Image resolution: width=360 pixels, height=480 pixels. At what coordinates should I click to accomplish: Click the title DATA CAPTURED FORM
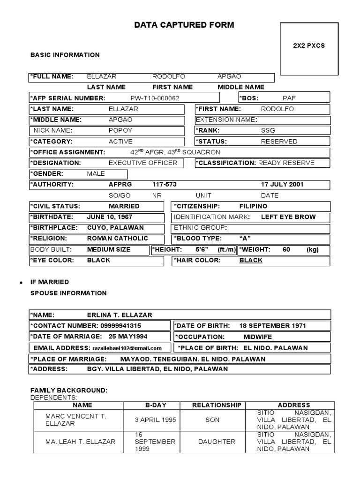coord(184,25)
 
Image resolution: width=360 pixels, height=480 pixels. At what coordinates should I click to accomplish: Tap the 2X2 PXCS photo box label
coord(309,46)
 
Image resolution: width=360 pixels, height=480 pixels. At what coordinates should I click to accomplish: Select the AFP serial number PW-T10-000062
coord(155,98)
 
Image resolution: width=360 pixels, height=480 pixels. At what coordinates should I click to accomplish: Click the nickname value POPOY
coord(120,130)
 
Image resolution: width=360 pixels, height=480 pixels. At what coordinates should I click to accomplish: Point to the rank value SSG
coord(268,130)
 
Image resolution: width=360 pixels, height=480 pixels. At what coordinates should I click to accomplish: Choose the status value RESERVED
coord(279,141)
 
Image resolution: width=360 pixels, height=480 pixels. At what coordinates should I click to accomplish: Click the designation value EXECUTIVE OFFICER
coord(143,163)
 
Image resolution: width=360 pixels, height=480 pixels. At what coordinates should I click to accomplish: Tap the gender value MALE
coord(96,173)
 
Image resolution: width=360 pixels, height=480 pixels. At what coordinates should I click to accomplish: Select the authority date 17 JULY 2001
coord(282,184)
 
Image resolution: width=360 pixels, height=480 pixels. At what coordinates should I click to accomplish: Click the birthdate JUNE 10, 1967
coord(110,217)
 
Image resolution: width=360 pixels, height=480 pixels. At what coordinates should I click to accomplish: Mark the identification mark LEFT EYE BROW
coord(288,217)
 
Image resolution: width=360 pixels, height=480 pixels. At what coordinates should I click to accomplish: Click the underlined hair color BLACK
coord(251,260)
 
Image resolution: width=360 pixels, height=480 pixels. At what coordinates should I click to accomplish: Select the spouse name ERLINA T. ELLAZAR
coord(120,315)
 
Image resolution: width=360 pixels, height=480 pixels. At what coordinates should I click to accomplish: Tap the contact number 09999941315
coord(120,326)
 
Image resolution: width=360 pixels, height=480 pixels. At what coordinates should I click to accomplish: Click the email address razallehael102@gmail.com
coord(127,348)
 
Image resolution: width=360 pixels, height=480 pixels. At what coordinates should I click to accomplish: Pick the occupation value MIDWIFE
coord(257,337)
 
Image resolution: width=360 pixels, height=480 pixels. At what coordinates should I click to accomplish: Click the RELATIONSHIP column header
coord(217,405)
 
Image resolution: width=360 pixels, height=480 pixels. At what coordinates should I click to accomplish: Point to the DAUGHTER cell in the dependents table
coord(217,442)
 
